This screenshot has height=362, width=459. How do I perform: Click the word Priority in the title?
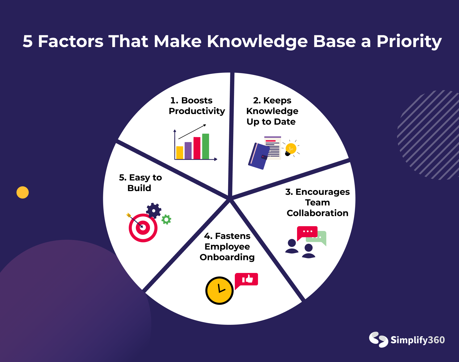(x=409, y=41)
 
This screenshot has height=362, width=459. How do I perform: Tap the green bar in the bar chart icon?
(x=206, y=146)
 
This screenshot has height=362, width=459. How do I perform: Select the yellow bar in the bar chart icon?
(x=180, y=153)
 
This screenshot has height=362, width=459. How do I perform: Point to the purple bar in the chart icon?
(x=188, y=150)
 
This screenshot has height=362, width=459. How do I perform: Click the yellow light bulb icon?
(x=291, y=149)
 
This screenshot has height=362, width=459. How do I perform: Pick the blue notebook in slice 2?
(x=259, y=156)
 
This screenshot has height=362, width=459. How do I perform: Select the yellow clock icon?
(x=219, y=291)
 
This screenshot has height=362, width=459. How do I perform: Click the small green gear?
(x=166, y=220)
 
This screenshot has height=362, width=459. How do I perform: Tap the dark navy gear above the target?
(x=154, y=211)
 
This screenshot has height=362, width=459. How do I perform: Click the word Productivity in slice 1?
(x=197, y=111)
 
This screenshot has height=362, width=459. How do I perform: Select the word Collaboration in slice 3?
(x=318, y=213)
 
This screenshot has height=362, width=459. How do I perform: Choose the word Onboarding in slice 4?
(x=227, y=257)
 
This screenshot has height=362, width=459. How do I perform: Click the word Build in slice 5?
(x=139, y=188)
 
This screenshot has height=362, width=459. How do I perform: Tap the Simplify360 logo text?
(x=418, y=340)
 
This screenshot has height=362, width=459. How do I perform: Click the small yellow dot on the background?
(x=23, y=192)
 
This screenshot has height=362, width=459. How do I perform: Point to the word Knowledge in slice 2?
(x=272, y=111)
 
